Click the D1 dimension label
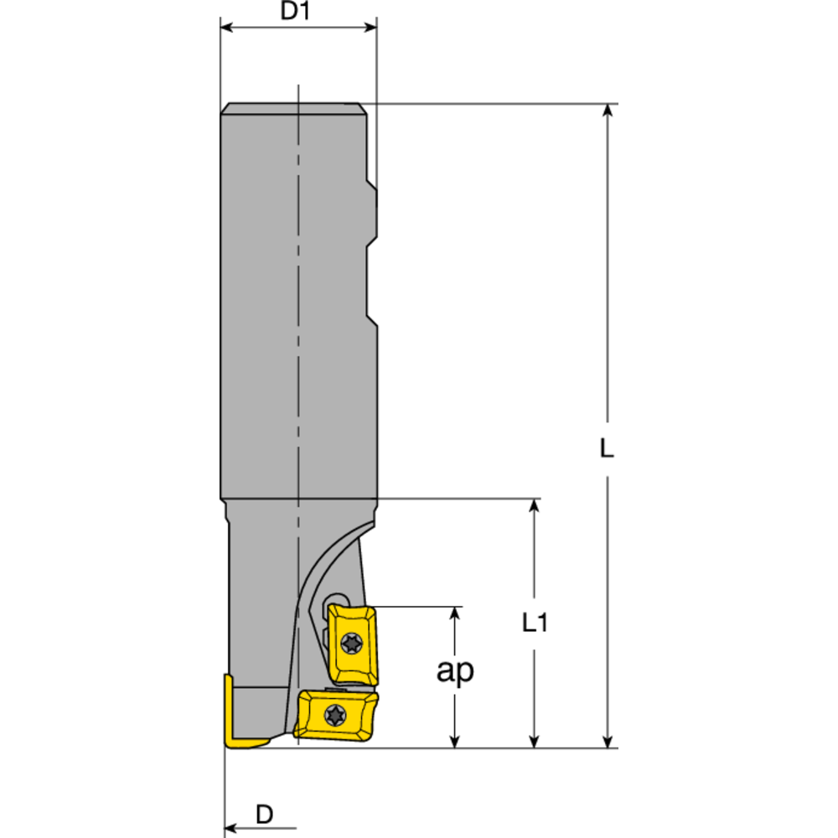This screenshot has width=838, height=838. click(x=297, y=13)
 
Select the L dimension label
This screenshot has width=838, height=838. click(x=608, y=448)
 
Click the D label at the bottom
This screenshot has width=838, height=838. click(x=264, y=813)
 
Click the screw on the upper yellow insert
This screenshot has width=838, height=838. click(x=349, y=644)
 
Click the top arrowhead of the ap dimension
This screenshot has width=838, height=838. click(x=455, y=613)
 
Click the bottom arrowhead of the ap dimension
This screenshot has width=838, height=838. click(x=455, y=740)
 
